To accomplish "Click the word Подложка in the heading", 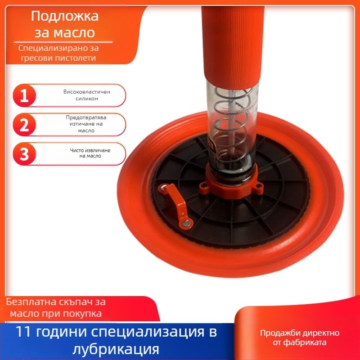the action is pyautogui.click(x=65, y=17).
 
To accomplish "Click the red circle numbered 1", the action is pyautogui.click(x=24, y=95).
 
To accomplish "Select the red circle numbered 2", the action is pyautogui.click(x=24, y=125).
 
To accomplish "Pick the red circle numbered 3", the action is pyautogui.click(x=24, y=154).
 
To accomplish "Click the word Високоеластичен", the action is pyautogui.click(x=87, y=92).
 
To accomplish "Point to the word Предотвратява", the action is pyautogui.click(x=86, y=117).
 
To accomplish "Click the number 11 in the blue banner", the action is pyautogui.click(x=23, y=332).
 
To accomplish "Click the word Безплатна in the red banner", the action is pyautogui.click(x=31, y=301).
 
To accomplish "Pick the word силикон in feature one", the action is pyautogui.click(x=87, y=99).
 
